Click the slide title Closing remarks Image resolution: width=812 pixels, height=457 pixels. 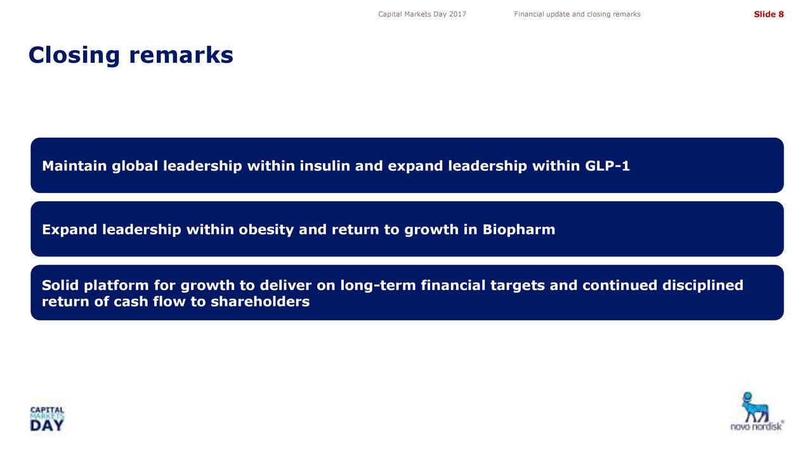(131, 55)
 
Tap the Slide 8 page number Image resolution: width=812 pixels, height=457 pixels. (768, 14)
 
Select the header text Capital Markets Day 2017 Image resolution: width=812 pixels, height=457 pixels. (422, 14)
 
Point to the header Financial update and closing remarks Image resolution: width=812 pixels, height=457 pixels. (577, 14)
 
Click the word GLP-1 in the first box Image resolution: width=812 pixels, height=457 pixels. (607, 166)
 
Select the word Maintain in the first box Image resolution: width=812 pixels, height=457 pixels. (74, 166)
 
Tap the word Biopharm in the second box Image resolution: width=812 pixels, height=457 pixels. (519, 230)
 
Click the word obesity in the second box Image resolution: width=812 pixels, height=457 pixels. (266, 230)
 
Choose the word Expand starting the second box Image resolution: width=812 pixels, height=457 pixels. (70, 230)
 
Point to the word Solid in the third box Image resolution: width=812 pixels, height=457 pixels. (60, 285)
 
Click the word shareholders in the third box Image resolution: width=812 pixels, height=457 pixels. (260, 301)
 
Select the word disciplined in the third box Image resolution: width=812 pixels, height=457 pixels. (703, 286)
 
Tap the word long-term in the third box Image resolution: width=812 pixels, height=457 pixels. (377, 286)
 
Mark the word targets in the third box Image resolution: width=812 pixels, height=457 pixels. (518, 286)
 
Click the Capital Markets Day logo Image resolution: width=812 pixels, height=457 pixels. (47, 419)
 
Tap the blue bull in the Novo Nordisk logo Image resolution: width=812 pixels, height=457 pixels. (755, 407)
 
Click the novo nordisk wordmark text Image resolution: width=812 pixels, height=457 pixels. (757, 426)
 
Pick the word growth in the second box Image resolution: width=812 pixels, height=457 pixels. (431, 230)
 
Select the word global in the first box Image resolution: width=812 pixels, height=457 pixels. (135, 166)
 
